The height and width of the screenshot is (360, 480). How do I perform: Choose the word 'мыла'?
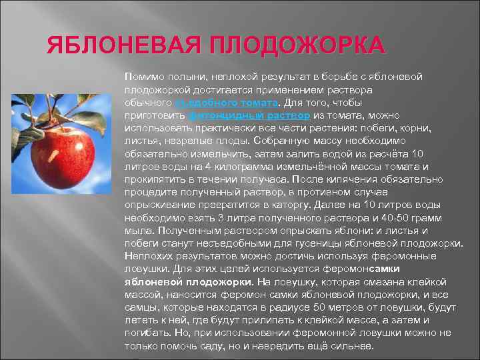click(137, 229)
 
